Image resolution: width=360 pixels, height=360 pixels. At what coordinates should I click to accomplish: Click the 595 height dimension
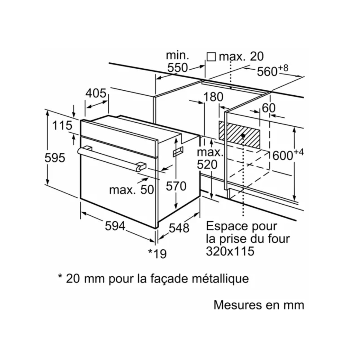(55, 157)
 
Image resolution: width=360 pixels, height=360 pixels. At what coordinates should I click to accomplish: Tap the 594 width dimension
(115, 226)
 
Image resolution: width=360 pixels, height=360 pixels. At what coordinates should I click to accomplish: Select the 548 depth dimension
(179, 228)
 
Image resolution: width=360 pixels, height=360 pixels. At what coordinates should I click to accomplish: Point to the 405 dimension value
(96, 93)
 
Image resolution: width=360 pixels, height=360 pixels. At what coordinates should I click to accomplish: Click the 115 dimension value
(62, 125)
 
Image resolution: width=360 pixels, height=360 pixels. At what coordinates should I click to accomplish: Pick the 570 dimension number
(176, 186)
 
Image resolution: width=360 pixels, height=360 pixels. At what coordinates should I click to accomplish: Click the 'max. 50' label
(131, 190)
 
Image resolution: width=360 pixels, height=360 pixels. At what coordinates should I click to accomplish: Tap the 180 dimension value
(213, 97)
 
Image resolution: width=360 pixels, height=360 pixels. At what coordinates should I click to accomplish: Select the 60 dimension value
(268, 108)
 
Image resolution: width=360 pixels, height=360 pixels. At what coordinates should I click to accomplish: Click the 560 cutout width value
(267, 71)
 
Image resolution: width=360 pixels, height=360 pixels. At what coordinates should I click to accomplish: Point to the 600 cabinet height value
(283, 155)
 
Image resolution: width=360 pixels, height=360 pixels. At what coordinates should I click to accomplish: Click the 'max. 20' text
(241, 56)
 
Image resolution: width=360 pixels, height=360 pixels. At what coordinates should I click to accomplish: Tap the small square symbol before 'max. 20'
(211, 57)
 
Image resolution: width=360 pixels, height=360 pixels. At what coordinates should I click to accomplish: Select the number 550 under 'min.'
(177, 68)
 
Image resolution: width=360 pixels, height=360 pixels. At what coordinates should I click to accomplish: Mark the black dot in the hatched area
(243, 136)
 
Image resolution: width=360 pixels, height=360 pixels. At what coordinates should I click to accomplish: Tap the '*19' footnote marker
(157, 254)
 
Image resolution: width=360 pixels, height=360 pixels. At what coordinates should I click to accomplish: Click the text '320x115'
(230, 251)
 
